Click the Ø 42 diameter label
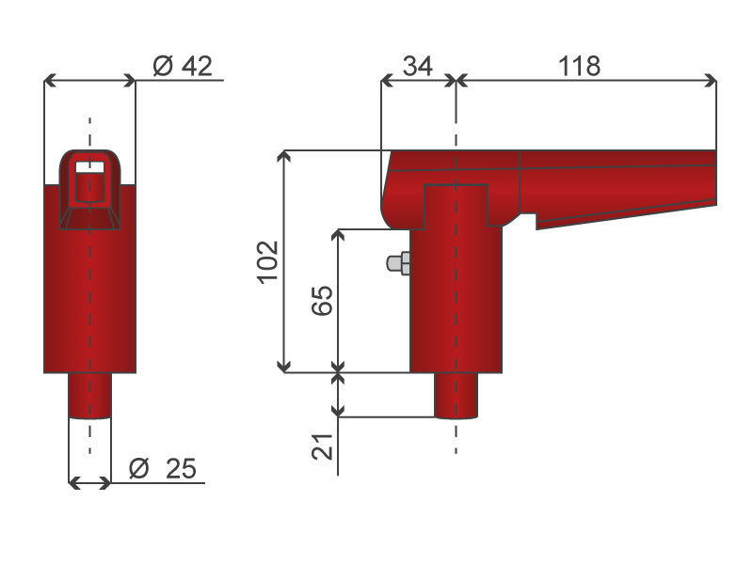[183, 66]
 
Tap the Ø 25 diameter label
[163, 468]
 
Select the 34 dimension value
[418, 66]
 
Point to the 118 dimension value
[579, 66]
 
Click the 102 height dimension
[268, 262]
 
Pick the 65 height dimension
[322, 301]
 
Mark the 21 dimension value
[322, 446]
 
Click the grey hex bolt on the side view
[398, 263]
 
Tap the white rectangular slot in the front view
[89, 167]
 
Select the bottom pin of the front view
[89, 396]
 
